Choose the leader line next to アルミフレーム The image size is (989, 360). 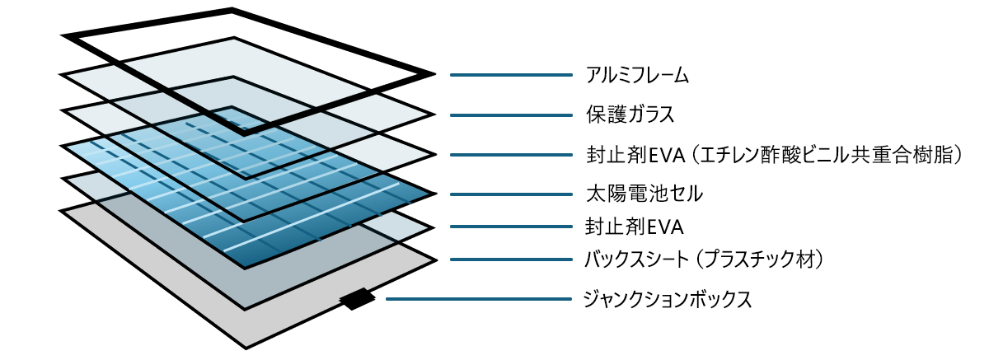[511, 76]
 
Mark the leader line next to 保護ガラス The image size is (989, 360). [511, 115]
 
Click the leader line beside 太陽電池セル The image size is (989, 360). [511, 196]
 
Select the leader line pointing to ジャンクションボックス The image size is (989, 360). [479, 299]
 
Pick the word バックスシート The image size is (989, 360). [635, 260]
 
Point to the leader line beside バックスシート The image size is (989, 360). [511, 260]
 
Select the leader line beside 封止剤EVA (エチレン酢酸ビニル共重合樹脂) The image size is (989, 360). [511, 154]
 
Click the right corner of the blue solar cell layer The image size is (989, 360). [434, 194]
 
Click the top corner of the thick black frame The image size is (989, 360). [232, 11]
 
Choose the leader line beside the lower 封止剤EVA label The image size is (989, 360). [511, 225]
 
